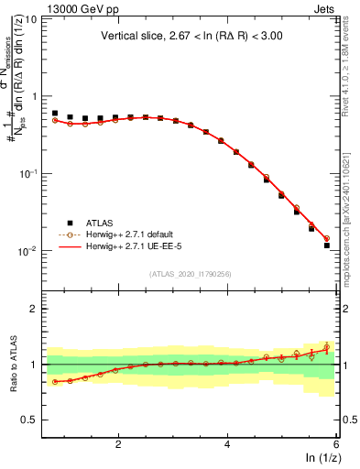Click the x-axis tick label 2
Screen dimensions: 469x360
[118, 443]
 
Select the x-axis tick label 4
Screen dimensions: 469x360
[227, 443]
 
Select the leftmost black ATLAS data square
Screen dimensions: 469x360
[55, 113]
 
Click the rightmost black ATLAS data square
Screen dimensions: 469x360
[327, 245]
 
